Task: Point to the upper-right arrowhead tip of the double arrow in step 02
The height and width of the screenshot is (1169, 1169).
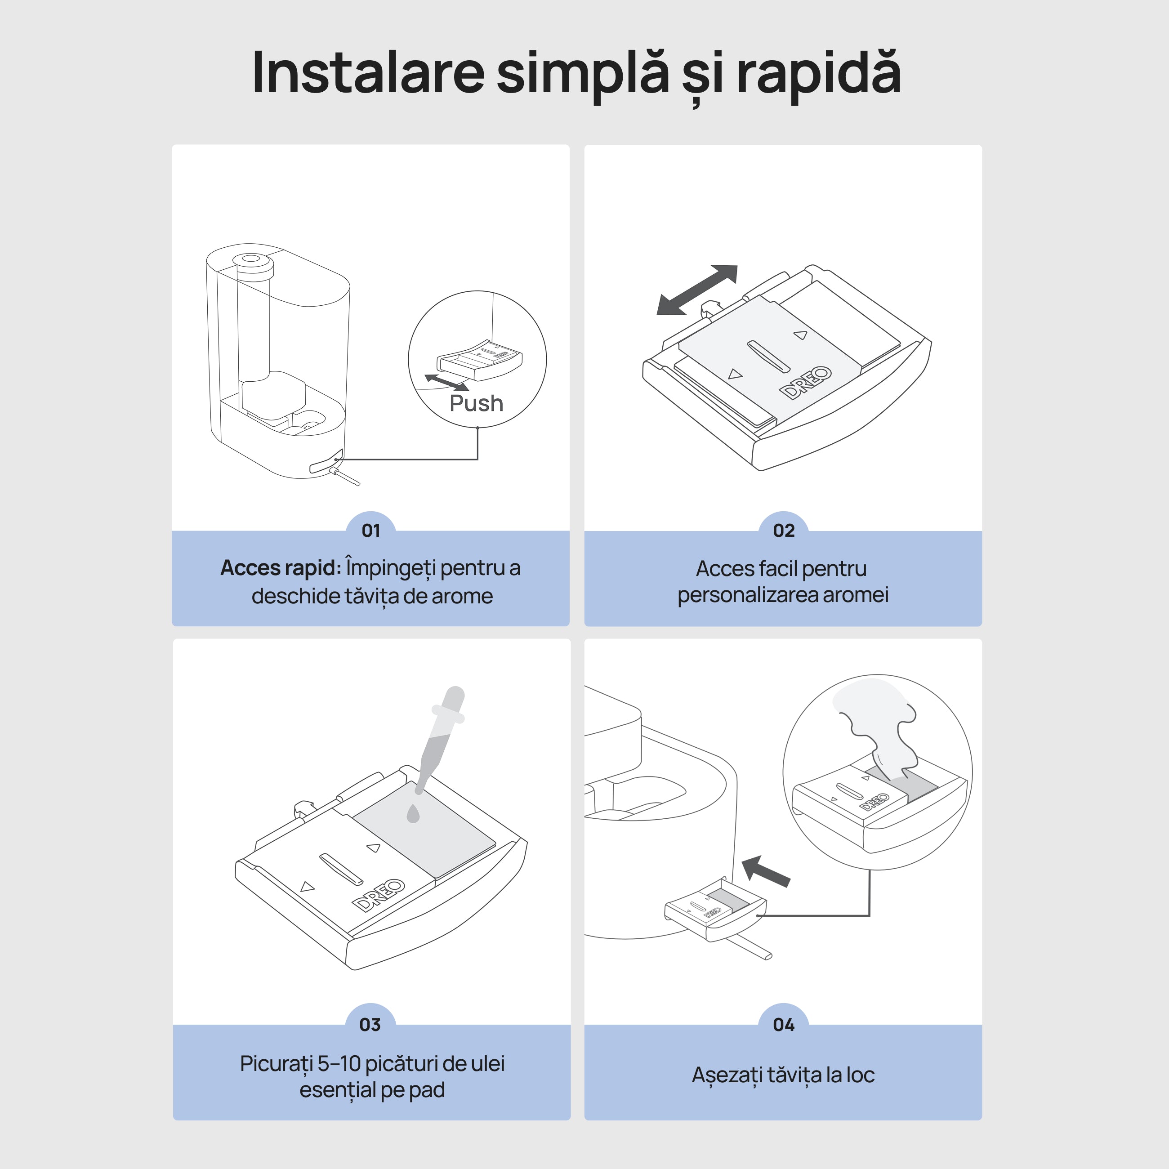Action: tap(737, 266)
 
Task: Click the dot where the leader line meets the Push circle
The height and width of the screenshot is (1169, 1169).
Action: tap(477, 428)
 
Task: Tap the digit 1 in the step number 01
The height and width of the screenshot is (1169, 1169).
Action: tap(376, 531)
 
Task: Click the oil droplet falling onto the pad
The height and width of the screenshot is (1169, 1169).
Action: tap(413, 814)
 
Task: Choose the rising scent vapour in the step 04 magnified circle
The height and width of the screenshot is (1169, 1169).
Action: tap(875, 726)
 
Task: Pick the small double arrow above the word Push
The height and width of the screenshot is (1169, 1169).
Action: tap(446, 382)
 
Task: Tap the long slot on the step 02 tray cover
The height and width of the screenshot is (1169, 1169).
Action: tap(768, 357)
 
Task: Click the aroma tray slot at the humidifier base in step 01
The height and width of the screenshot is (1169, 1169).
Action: tap(326, 460)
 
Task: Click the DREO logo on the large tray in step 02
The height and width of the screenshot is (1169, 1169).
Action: tap(805, 383)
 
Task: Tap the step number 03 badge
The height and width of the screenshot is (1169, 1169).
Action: tap(370, 1024)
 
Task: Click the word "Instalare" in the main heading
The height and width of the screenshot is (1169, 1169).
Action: tap(368, 73)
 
